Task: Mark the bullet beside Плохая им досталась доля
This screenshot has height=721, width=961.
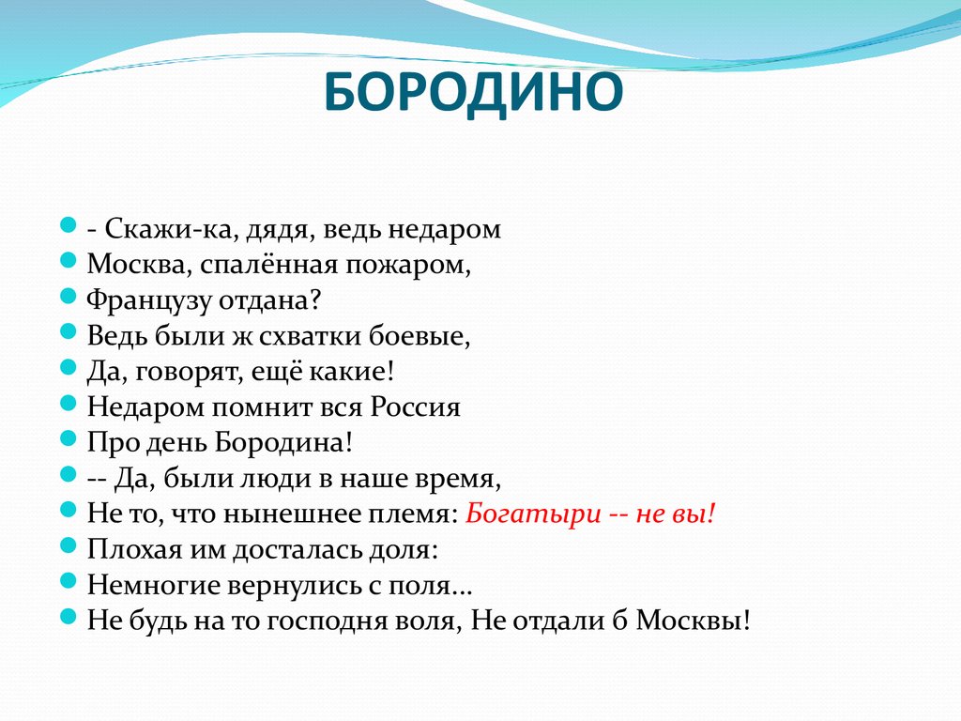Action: (68, 545)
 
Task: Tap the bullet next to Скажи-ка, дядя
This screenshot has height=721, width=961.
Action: (68, 226)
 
